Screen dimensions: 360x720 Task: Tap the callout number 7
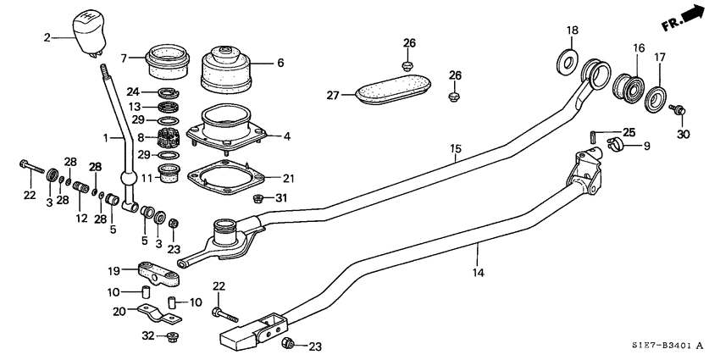pos(124,58)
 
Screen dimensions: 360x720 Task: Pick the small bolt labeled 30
pos(678,109)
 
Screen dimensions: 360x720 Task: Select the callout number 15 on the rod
pos(455,149)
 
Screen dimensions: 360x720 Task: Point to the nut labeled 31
pos(260,198)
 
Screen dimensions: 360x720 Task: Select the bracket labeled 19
pos(158,276)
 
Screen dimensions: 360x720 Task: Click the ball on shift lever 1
pos(129,180)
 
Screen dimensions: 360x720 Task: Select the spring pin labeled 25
pos(595,133)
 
